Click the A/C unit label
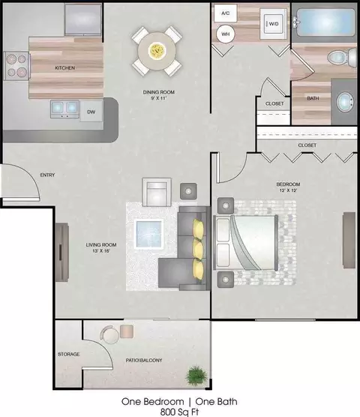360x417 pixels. (x=226, y=13)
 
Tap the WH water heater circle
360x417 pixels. (x=226, y=34)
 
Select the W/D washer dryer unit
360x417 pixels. (x=273, y=24)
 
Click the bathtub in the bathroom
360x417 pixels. (x=325, y=22)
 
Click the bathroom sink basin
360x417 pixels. (x=345, y=102)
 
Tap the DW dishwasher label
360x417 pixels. (x=91, y=112)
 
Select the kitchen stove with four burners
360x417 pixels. (x=16, y=66)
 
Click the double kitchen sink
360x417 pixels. (x=64, y=109)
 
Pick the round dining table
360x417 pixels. (x=157, y=51)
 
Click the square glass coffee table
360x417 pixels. (x=149, y=234)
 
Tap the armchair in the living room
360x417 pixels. (x=157, y=192)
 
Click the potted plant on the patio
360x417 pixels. (x=196, y=375)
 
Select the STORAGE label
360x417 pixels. (x=68, y=354)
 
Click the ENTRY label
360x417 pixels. (x=47, y=175)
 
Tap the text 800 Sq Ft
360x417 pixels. (x=179, y=412)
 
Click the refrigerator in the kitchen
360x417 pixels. (x=83, y=19)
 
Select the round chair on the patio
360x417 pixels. (x=109, y=334)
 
